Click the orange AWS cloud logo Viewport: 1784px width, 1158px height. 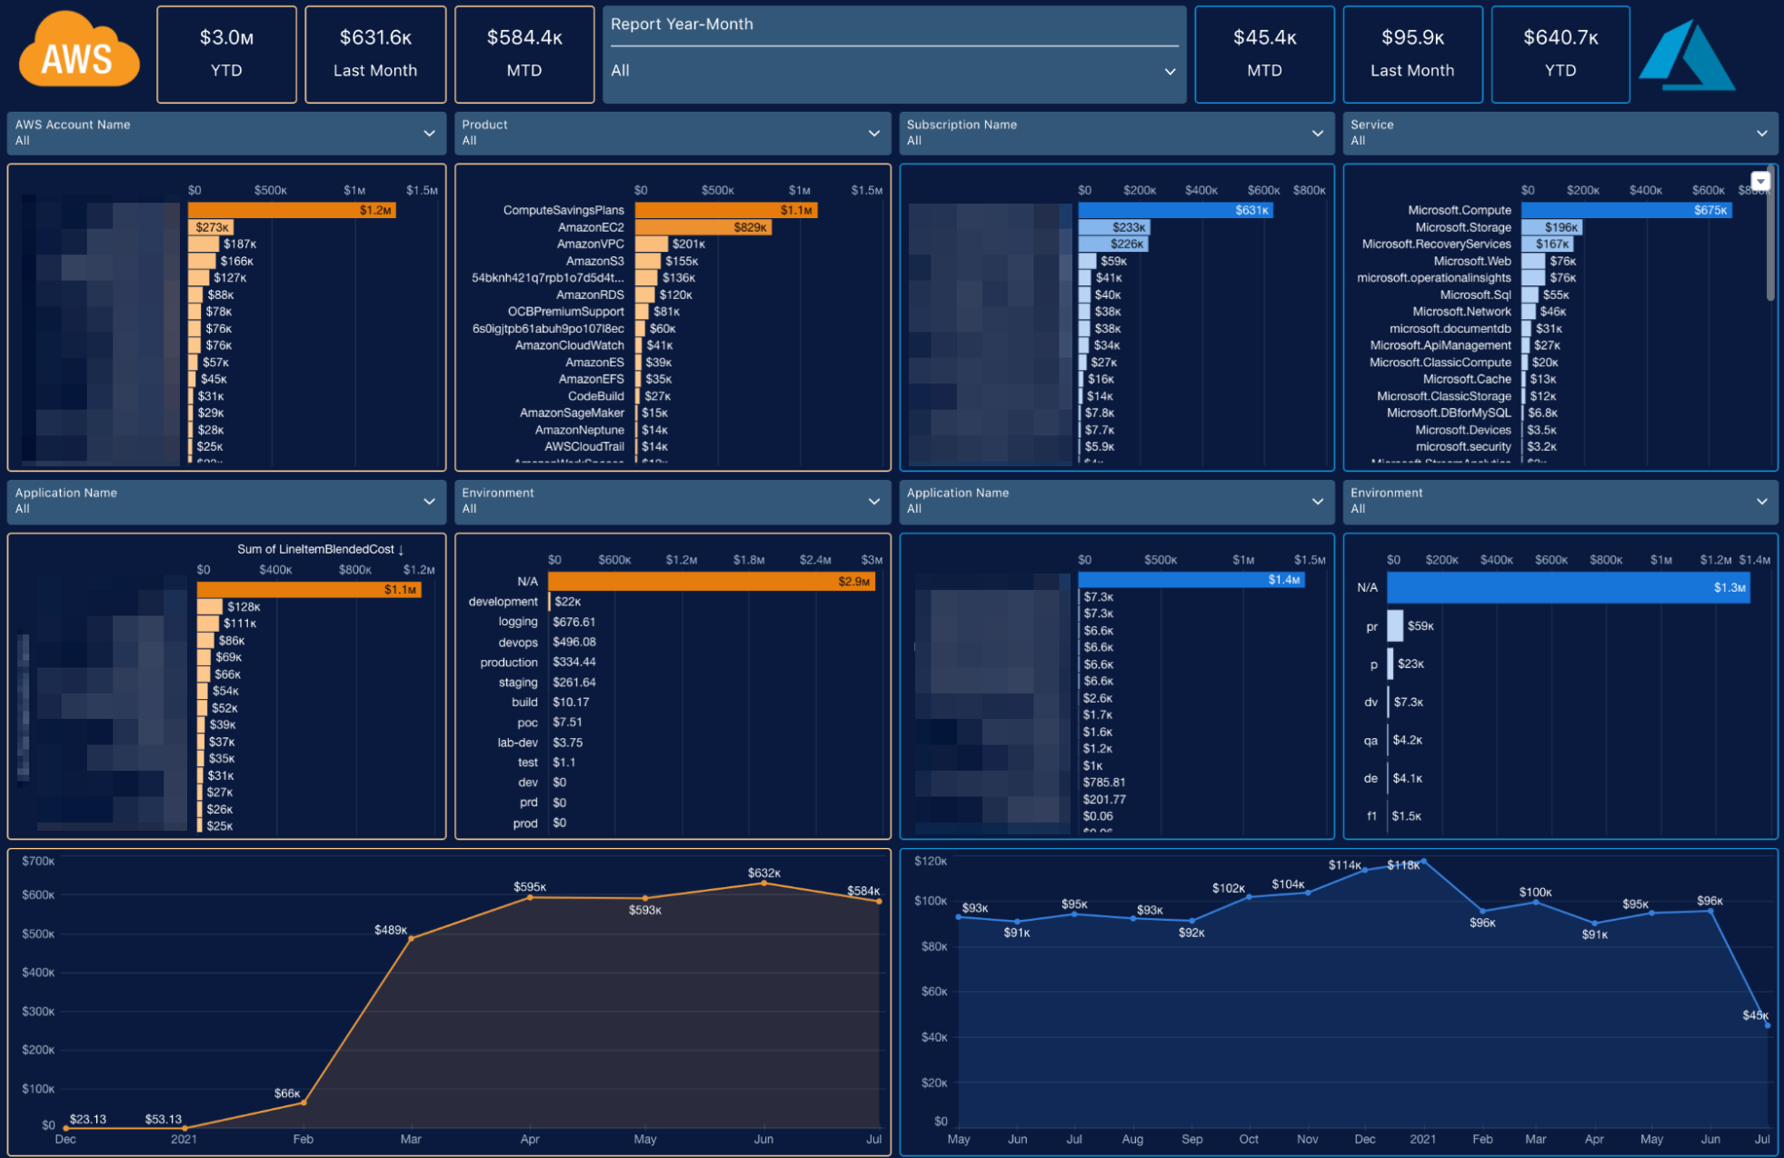pos(78,53)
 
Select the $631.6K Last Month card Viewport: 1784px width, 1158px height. pos(374,54)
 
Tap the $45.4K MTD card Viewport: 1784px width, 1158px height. pos(1263,54)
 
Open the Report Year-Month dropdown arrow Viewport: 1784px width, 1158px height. pos(1170,71)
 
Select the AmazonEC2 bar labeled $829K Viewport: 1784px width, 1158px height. pos(702,227)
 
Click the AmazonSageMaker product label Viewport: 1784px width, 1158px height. pos(571,413)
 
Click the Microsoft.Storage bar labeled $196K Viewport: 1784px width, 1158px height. pos(1550,227)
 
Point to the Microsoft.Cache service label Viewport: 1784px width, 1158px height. pos(1466,379)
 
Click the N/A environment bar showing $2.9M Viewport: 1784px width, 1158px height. pos(711,581)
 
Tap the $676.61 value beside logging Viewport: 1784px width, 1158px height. pos(573,622)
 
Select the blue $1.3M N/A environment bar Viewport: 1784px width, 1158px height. pos(1567,587)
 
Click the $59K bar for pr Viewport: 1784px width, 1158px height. pos(1395,625)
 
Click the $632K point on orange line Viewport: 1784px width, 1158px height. pos(763,883)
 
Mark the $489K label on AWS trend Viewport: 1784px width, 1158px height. pos(391,930)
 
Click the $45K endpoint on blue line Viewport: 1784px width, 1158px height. pos(1767,1024)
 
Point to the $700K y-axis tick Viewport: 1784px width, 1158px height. pos(38,861)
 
